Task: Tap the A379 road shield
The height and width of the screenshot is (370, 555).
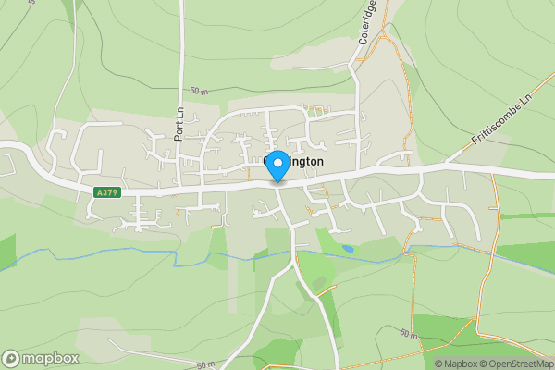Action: click(106, 192)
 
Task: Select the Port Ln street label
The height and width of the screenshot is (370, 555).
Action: click(179, 122)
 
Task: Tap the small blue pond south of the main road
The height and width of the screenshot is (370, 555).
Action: click(347, 248)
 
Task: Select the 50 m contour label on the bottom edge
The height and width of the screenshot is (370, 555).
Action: click(205, 364)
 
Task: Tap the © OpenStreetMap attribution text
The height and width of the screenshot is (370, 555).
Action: click(516, 364)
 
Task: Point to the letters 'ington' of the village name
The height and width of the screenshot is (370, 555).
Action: click(306, 161)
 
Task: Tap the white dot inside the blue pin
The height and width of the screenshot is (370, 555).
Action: click(276, 160)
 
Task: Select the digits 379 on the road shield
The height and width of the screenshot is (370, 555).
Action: click(110, 192)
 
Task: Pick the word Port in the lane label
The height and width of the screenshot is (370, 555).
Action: click(179, 129)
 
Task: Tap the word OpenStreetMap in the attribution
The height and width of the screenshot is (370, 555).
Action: click(521, 364)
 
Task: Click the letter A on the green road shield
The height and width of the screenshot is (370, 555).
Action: click(98, 192)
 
